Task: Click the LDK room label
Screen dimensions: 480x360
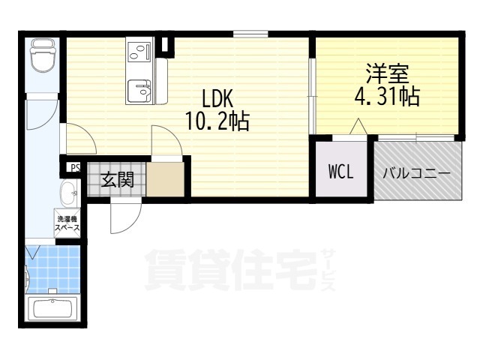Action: [x=217, y=98]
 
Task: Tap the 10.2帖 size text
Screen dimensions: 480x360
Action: [x=217, y=121]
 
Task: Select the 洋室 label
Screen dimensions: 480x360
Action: [x=387, y=73]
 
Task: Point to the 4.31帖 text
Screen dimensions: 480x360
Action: [x=387, y=96]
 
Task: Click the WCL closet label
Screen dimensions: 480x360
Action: [x=341, y=172]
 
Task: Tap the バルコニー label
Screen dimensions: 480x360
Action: [x=417, y=174]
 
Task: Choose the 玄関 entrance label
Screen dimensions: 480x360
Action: [x=118, y=179]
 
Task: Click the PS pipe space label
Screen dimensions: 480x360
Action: [x=75, y=168]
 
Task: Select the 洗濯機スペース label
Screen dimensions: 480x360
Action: [x=67, y=223]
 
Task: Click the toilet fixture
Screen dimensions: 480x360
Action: [x=42, y=55]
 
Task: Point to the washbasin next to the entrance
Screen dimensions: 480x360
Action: [x=69, y=193]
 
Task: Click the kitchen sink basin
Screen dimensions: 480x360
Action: [x=139, y=91]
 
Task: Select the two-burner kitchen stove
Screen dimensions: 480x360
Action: [x=139, y=50]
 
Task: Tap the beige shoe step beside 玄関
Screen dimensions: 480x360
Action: [x=165, y=179]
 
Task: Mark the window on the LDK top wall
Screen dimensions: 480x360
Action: [x=250, y=34]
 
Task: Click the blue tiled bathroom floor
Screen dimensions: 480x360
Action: [x=53, y=269]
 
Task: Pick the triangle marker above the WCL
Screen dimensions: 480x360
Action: [x=358, y=127]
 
